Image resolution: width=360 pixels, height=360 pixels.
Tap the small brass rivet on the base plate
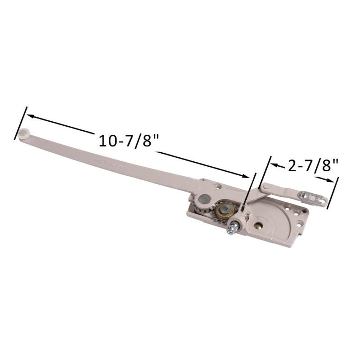point(258,226)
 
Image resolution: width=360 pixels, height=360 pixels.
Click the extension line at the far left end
point(21,123)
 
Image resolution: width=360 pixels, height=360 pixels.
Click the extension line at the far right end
point(333,192)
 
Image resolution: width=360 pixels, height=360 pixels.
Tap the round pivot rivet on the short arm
point(265,186)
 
